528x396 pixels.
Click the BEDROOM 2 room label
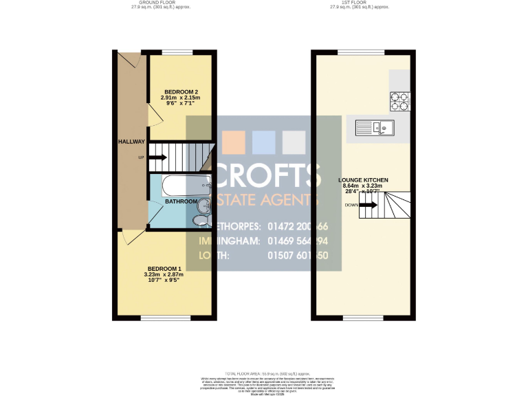(181, 92)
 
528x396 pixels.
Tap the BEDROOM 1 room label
(164, 269)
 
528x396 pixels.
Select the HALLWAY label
(131, 142)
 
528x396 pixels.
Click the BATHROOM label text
(181, 201)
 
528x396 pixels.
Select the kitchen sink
(374, 127)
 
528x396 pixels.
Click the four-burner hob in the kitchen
(399, 101)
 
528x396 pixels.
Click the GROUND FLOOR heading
(160, 3)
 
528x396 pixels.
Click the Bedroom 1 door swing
(127, 238)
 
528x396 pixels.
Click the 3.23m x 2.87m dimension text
(164, 275)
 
